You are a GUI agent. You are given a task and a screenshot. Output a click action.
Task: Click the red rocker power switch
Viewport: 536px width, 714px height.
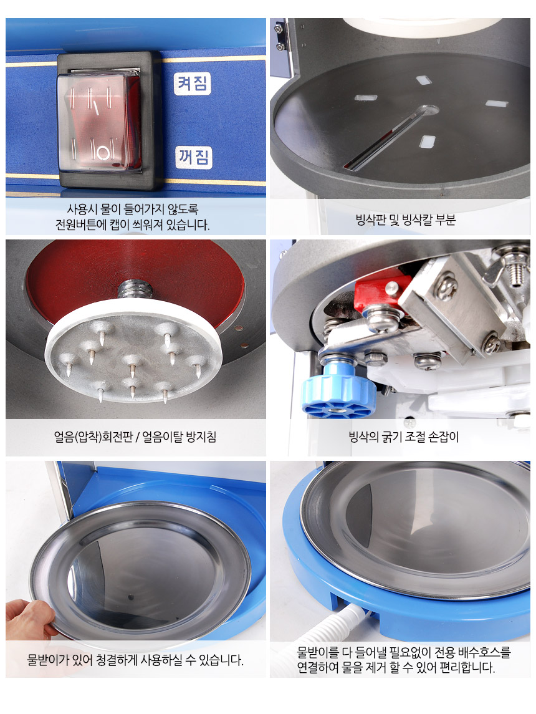(98, 122)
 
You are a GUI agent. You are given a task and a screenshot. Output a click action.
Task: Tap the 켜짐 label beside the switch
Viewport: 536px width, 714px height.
(193, 84)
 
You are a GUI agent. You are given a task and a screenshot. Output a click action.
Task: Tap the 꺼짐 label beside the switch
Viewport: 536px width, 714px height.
(194, 158)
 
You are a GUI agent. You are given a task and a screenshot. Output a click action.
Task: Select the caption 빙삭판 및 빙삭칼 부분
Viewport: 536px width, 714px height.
(405, 220)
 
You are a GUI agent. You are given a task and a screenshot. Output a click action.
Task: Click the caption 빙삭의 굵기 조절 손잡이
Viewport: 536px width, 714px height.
(404, 437)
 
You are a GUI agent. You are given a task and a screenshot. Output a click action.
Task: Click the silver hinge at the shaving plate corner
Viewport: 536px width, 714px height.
(279, 36)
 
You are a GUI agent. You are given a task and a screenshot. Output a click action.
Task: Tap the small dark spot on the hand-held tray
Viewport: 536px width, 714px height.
(131, 597)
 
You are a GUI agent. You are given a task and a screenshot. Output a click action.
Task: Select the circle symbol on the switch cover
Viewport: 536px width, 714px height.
(105, 152)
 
